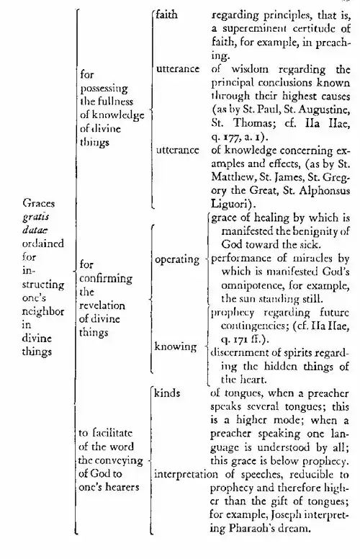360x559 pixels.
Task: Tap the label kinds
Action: click(168, 393)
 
